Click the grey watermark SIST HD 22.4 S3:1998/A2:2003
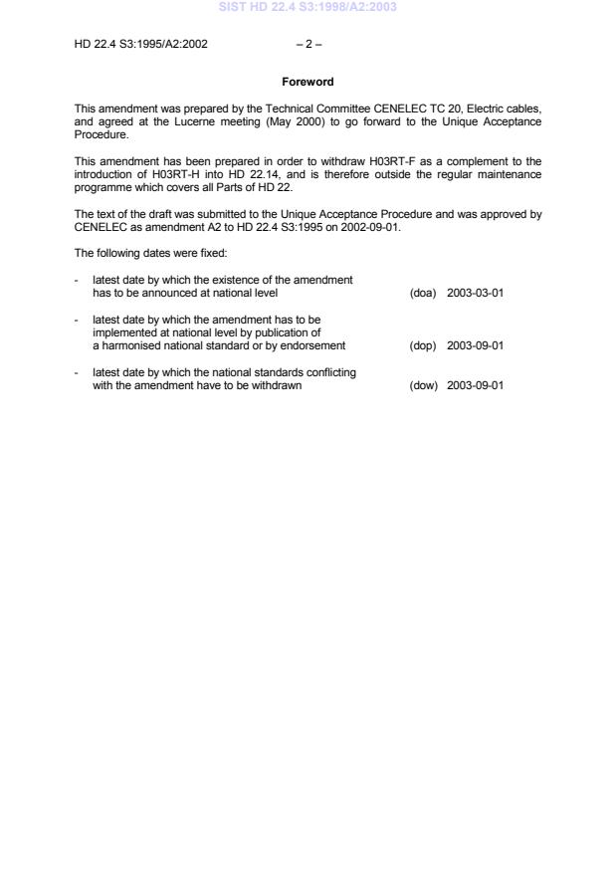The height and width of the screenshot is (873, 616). click(308, 8)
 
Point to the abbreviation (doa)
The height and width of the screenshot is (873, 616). click(423, 294)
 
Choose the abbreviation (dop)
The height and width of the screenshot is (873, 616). click(423, 346)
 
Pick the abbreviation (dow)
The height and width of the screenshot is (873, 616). click(423, 385)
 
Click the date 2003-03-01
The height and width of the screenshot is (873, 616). click(476, 294)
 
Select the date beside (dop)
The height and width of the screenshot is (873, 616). click(476, 346)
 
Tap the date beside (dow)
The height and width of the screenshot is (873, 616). click(476, 385)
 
